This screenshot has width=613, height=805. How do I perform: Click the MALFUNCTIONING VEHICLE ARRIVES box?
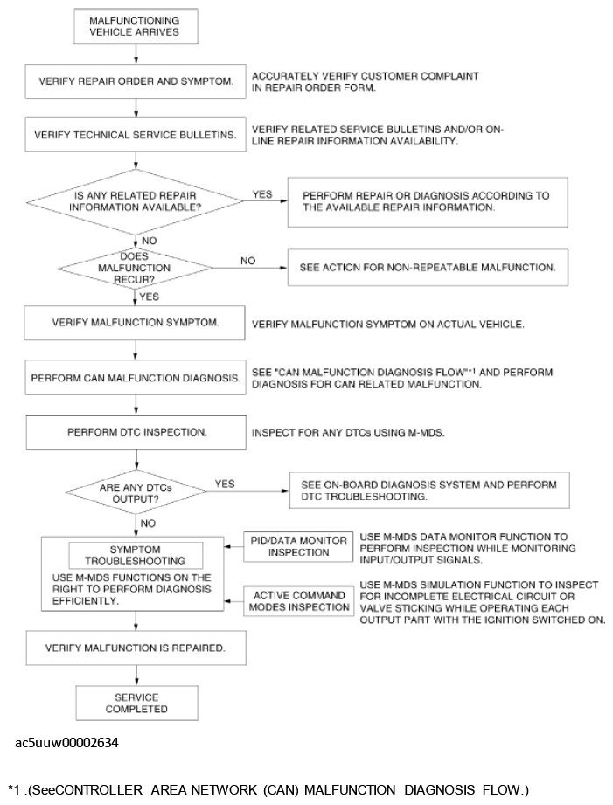coord(136,26)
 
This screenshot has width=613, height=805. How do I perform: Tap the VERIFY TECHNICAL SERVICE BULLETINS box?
coord(136,135)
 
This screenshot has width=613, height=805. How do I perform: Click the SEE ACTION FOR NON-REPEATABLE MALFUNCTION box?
coord(427,266)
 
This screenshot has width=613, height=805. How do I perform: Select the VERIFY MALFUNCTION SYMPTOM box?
coord(136,322)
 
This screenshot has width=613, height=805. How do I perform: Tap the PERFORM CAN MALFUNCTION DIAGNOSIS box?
coord(136,379)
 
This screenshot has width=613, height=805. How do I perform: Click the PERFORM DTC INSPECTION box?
coord(136,432)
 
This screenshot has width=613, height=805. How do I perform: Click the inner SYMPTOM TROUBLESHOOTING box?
coord(135,555)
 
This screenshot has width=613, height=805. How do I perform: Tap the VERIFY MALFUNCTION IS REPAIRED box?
coord(136,648)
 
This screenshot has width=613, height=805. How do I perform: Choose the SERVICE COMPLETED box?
coord(136,703)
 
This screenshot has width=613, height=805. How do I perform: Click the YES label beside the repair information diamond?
coord(261,194)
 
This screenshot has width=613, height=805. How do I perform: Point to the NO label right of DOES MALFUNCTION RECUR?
coord(247,260)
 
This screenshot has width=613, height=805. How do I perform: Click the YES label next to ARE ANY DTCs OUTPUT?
coord(225,483)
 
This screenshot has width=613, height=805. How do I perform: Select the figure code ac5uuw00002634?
coord(67,743)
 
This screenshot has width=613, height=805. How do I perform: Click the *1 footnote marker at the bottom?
coord(13,790)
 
